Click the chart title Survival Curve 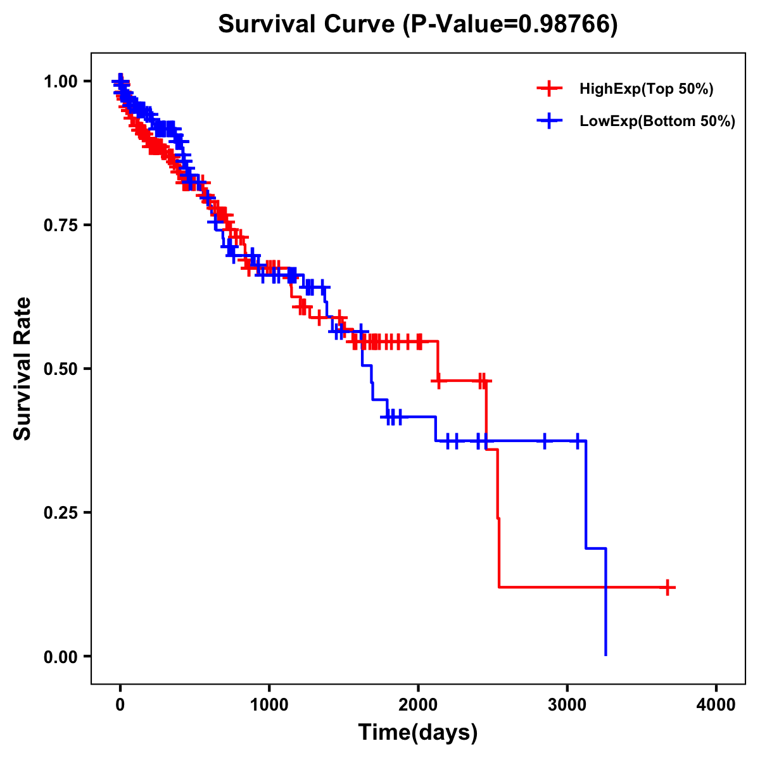point(308,24)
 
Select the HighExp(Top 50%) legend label point(646,89)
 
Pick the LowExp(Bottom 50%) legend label point(657,122)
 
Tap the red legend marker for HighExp point(549,89)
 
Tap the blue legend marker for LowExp point(549,122)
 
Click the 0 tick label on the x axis point(120,705)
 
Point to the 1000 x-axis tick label point(269,705)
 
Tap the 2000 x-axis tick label point(418,705)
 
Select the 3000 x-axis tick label point(567,705)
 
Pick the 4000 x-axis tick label point(716,705)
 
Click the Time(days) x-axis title point(418,733)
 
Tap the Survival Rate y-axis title point(23,369)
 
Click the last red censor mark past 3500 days point(668,588)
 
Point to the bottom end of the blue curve point(606,654)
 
